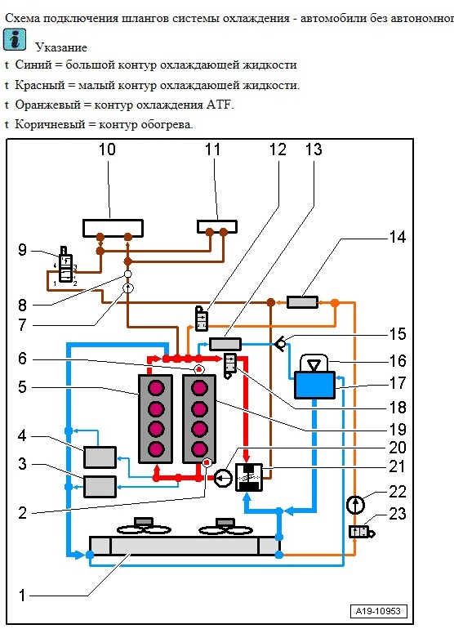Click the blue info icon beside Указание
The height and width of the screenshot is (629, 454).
pyautogui.click(x=15, y=40)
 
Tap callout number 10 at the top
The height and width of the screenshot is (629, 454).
pyautogui.click(x=107, y=149)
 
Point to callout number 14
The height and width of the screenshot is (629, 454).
pyautogui.click(x=398, y=237)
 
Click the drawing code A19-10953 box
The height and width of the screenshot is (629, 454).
pyautogui.click(x=378, y=611)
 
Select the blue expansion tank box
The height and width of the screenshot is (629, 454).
pyautogui.click(x=315, y=385)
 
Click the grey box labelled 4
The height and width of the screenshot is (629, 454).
pyautogui.click(x=100, y=457)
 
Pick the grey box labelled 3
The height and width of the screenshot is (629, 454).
pyautogui.click(x=100, y=487)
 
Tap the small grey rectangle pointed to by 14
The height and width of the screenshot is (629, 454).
pyautogui.click(x=302, y=302)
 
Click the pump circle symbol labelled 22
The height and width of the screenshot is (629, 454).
pyautogui.click(x=355, y=505)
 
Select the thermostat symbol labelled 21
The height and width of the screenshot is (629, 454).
pyautogui.click(x=249, y=477)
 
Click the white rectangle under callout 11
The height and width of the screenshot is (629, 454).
pyautogui.click(x=217, y=226)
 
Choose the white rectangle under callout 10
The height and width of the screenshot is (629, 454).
pyautogui.click(x=113, y=228)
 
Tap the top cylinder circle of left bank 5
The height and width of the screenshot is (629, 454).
pyautogui.click(x=156, y=388)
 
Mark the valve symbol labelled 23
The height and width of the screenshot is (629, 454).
pyautogui.click(x=362, y=533)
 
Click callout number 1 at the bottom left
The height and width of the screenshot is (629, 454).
pyautogui.click(x=23, y=596)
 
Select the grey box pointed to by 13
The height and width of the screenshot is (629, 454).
pyautogui.click(x=225, y=344)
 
